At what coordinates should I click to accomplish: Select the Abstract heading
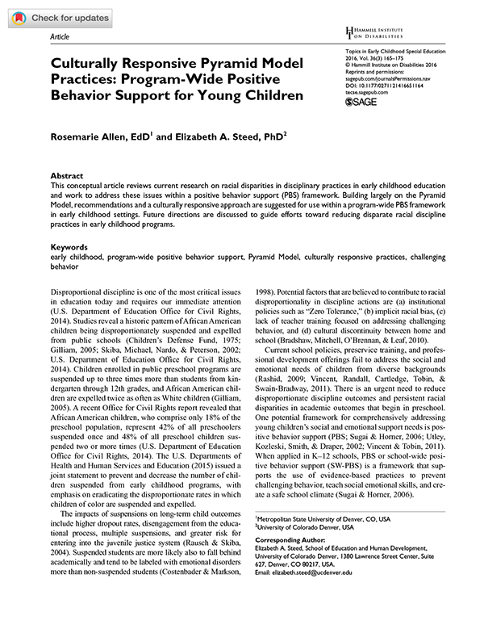point(67,175)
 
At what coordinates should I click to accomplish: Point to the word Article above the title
point(60,37)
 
